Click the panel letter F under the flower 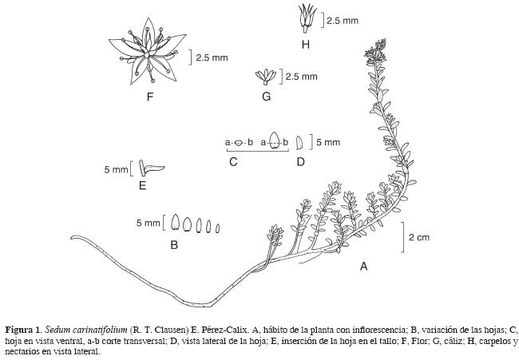[149, 98]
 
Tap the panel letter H [305, 44]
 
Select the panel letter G [266, 96]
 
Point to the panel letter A [364, 266]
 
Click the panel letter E [141, 186]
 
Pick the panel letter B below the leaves [174, 245]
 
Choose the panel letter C [233, 162]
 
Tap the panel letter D [300, 162]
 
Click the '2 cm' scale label [419, 238]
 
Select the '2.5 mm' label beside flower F [212, 57]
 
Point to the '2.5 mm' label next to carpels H [343, 22]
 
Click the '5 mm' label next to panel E [116, 169]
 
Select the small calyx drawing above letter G [266, 77]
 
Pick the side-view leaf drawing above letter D [299, 143]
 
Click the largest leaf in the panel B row [176, 224]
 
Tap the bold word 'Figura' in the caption [20, 329]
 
